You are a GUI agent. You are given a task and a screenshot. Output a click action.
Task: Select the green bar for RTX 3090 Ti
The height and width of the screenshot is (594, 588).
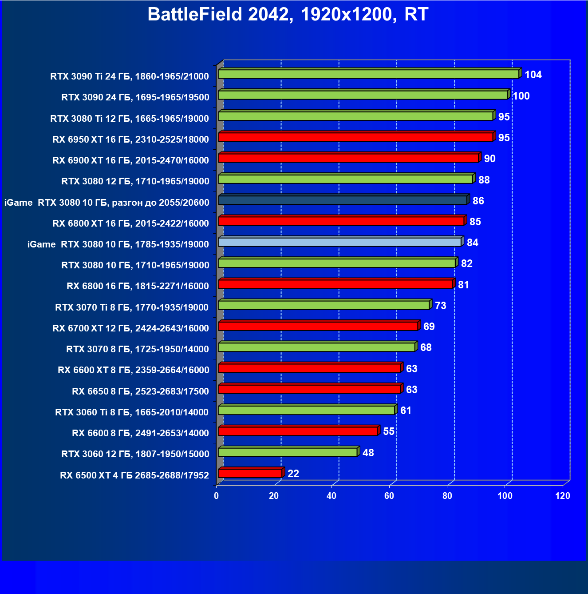click(368, 74)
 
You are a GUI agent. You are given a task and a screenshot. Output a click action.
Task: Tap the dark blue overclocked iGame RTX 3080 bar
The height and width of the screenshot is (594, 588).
click(343, 200)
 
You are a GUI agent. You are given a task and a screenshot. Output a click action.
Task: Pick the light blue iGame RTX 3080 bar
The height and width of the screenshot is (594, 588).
click(339, 242)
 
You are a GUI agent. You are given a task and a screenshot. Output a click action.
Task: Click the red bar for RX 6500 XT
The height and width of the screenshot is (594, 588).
click(250, 473)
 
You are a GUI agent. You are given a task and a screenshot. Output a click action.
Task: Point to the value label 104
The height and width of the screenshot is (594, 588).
click(533, 75)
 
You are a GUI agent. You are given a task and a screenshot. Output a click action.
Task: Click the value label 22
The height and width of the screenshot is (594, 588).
click(293, 474)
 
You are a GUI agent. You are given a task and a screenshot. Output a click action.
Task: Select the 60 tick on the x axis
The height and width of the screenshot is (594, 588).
click(389, 496)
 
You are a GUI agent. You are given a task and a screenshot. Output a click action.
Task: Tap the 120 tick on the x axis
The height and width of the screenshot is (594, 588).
click(563, 496)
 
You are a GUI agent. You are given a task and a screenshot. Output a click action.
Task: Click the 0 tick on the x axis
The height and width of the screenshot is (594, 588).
click(217, 496)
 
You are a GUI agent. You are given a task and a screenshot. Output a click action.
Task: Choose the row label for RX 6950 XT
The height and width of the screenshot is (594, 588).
click(130, 140)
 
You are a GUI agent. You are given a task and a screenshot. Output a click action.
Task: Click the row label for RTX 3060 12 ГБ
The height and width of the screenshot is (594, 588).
click(135, 454)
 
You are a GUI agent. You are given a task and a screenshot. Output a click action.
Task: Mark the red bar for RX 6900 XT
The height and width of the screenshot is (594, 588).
click(348, 158)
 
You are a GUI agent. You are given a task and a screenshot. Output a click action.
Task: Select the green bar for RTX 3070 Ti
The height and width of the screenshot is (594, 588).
click(324, 305)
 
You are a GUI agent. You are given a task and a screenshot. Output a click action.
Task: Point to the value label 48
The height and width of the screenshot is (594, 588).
click(368, 453)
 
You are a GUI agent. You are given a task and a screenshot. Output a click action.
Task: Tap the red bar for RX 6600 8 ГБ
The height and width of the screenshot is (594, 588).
click(298, 431)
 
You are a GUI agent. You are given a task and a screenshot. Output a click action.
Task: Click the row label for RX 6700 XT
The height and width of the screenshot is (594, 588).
click(130, 328)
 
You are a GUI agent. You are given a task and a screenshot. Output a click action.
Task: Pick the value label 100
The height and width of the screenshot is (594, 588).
click(521, 96)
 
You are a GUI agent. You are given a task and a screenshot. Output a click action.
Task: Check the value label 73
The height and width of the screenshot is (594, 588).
click(440, 306)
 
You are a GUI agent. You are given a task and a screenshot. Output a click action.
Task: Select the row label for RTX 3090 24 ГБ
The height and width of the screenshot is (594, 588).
click(135, 97)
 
